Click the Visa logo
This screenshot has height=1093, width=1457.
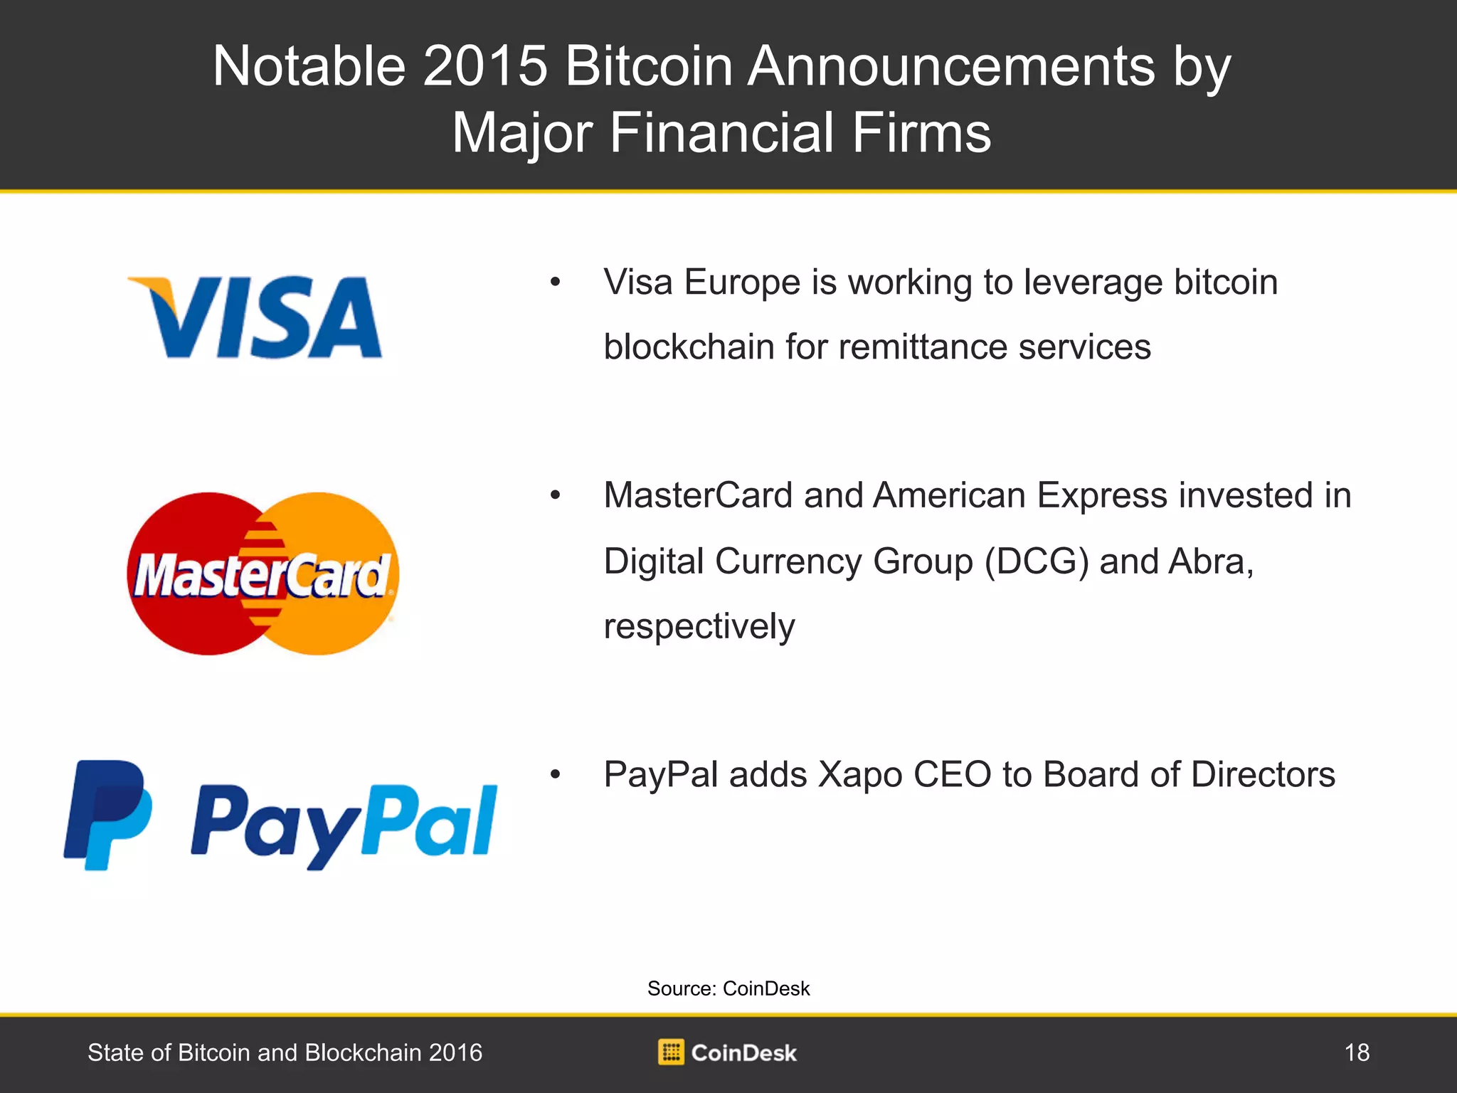pyautogui.click(x=255, y=317)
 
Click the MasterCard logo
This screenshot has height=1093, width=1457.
pyautogui.click(x=263, y=574)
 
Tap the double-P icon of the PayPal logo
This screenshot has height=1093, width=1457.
pyautogui.click(x=107, y=815)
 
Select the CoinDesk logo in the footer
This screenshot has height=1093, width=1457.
pyautogui.click(x=727, y=1052)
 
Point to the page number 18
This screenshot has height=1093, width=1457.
pyautogui.click(x=1357, y=1052)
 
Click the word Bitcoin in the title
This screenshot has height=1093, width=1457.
pyautogui.click(x=649, y=66)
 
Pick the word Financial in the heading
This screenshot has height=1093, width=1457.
pyautogui.click(x=721, y=133)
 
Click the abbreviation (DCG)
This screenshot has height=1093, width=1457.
pyautogui.click(x=1037, y=562)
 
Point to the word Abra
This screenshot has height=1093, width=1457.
pyautogui.click(x=1211, y=561)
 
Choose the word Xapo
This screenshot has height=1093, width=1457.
pyautogui.click(x=860, y=776)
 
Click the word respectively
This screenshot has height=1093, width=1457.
pyautogui.click(x=699, y=628)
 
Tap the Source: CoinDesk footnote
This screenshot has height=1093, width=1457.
pyautogui.click(x=728, y=988)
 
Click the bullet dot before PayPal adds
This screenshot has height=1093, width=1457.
pyautogui.click(x=555, y=775)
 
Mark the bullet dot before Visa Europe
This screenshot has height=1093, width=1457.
pyautogui.click(x=555, y=283)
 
